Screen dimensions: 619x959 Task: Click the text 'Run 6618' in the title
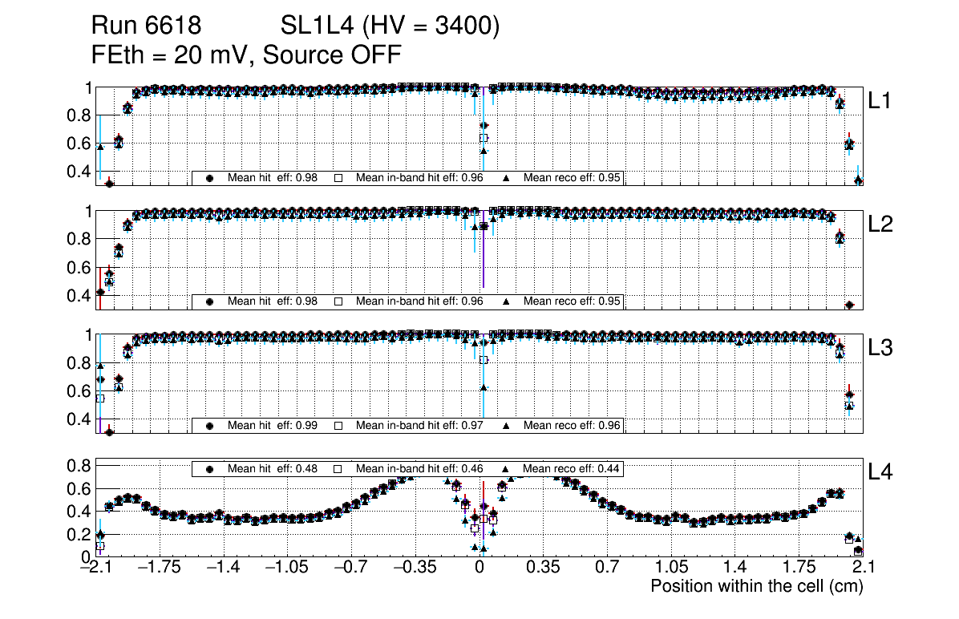coord(145,26)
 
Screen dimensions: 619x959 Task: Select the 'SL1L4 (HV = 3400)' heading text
coord(390,26)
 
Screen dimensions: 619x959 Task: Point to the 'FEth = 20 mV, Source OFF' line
coord(246,55)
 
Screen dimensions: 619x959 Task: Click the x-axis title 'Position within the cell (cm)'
coord(756,586)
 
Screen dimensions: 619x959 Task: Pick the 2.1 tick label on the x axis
coord(862,568)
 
